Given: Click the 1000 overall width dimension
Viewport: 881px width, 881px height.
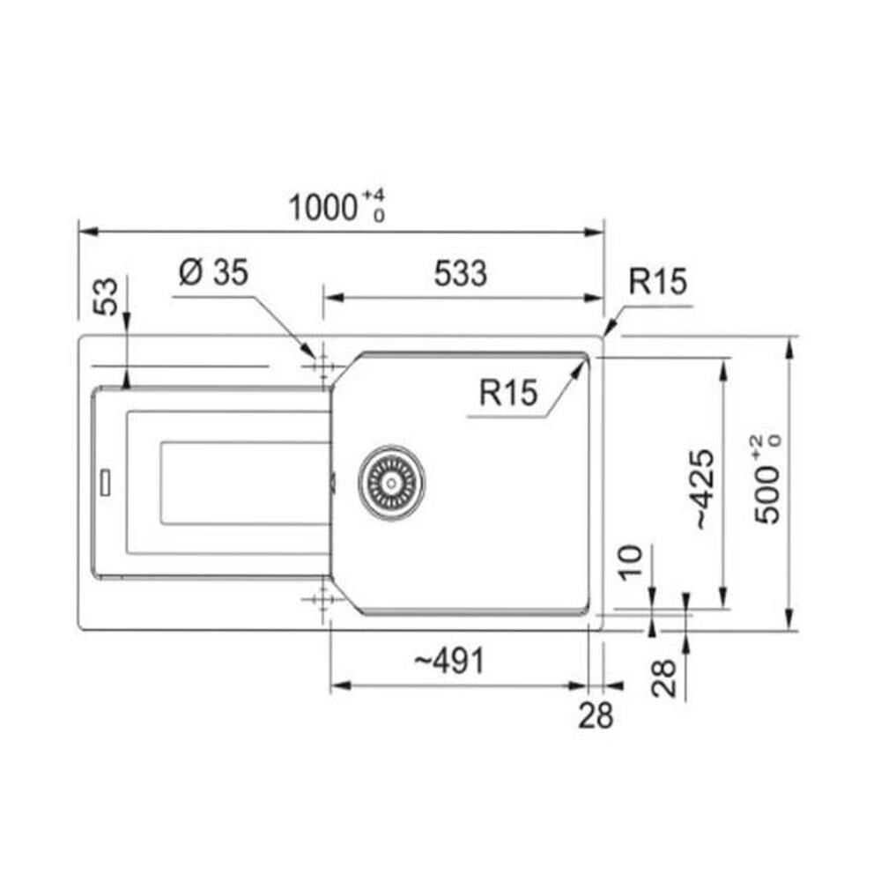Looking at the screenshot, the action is point(323,207).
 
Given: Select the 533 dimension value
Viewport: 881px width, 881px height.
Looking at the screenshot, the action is point(460,274).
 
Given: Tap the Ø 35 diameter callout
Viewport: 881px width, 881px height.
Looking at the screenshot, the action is point(213,272).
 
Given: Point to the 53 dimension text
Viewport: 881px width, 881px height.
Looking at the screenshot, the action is point(107,296).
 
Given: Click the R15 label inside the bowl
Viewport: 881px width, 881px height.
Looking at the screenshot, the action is point(508,392).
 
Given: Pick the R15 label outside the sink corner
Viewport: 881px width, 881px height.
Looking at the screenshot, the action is point(658,282).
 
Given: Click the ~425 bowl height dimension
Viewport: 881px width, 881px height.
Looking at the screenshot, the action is point(705,489).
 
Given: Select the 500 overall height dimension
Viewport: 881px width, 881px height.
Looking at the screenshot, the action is point(767,495).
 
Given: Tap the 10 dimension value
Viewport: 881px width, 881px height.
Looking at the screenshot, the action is point(631,562).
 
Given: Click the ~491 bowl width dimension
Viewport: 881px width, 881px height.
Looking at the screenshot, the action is point(449,661).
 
